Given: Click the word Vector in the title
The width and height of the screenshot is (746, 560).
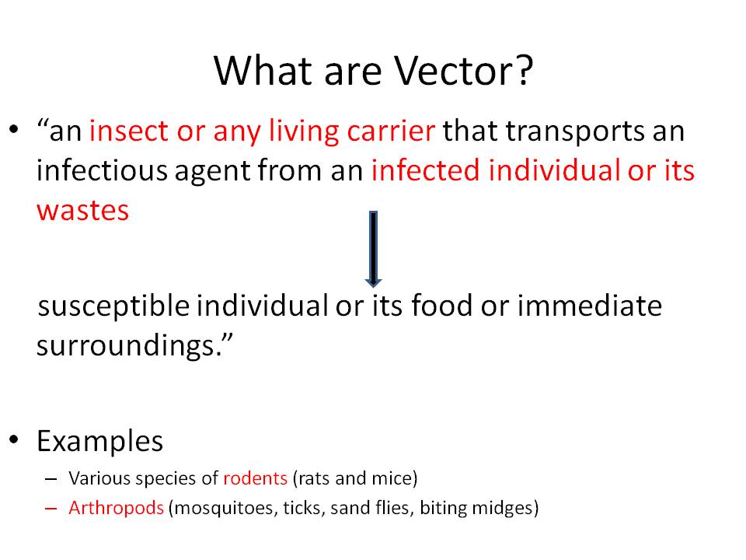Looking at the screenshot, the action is click(456, 71).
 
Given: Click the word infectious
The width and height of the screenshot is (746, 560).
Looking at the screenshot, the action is click(102, 170).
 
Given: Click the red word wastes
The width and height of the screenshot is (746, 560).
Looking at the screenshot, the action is click(83, 211).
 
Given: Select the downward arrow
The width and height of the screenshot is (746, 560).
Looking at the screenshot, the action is click(374, 249).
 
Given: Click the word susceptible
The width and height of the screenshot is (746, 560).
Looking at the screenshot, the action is click(113, 306).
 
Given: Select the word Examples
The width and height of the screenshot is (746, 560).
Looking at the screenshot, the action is click(100, 442).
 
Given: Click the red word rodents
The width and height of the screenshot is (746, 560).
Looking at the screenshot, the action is click(255, 478).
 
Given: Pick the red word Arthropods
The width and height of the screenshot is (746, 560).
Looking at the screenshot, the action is click(116, 508).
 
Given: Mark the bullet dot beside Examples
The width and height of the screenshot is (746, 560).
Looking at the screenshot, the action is click(14, 439).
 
